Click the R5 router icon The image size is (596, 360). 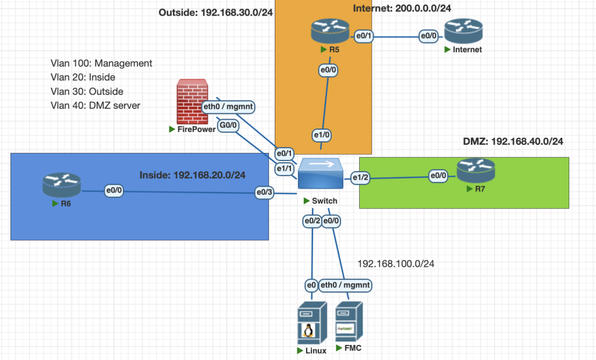(x=330, y=30)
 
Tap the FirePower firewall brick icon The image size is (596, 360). (x=191, y=102)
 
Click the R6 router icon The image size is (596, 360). (x=61, y=186)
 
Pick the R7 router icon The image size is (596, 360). (x=476, y=170)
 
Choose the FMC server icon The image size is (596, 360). (x=349, y=323)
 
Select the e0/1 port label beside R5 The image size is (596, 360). (x=365, y=36)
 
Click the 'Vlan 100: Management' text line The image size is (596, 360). (x=102, y=63)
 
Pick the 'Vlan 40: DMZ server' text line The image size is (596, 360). (x=95, y=105)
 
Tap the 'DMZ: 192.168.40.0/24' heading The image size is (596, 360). (x=513, y=141)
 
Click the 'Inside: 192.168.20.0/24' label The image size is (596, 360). (x=192, y=174)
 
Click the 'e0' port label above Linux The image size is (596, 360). (x=311, y=286)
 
